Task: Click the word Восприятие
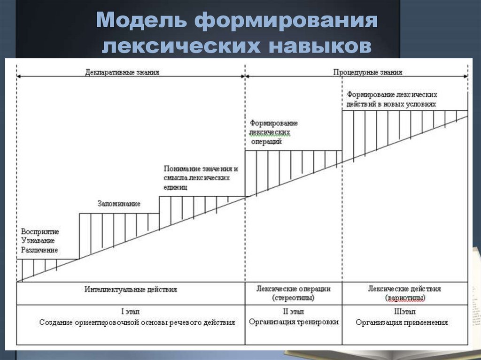pos(40,232)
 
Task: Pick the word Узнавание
pos(38,241)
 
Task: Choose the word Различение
pos(39,250)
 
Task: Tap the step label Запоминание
pos(119,204)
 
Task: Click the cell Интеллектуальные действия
pos(131,289)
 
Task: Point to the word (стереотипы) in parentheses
pos(294,298)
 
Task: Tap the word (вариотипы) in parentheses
pos(405,298)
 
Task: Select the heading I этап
pos(131,311)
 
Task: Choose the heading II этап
pos(294,311)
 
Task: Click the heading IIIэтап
pos(405,311)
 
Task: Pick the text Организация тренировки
pos(294,322)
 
